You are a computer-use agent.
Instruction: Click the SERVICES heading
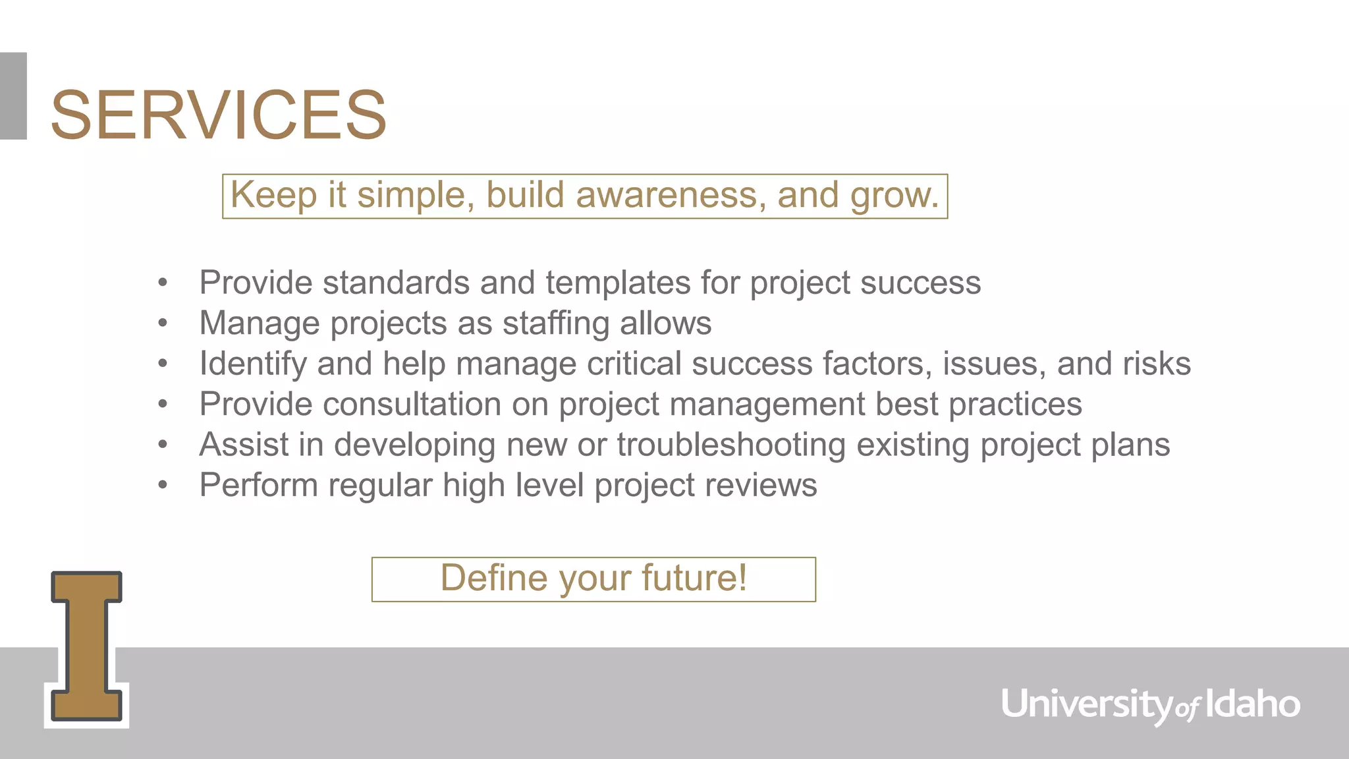click(x=218, y=115)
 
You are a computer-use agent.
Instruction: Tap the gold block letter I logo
click(x=86, y=646)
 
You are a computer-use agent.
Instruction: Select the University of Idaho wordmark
click(x=1150, y=704)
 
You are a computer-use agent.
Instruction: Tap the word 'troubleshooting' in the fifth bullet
click(x=731, y=445)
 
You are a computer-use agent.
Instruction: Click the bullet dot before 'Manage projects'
click(x=163, y=323)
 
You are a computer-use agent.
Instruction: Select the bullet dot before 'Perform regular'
click(x=163, y=486)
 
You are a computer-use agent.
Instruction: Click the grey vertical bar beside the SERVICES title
click(x=13, y=96)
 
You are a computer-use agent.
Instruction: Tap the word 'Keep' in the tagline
click(x=273, y=196)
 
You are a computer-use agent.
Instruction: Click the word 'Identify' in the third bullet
click(x=253, y=364)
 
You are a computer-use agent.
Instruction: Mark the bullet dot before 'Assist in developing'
click(x=163, y=445)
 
